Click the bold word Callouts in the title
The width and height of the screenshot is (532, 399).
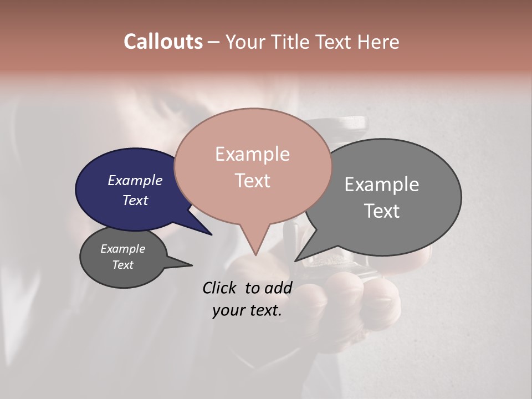[163, 42]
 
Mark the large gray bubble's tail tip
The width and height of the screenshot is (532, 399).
[296, 260]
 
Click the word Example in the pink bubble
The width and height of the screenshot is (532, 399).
[252, 154]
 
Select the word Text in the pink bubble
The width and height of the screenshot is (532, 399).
[252, 181]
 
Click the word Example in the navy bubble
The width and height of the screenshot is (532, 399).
[135, 180]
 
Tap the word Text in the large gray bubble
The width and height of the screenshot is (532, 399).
[382, 211]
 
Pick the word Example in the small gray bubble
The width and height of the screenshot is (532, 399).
[122, 249]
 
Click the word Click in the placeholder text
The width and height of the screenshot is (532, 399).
[220, 288]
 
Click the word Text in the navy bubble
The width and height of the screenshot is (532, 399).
[135, 200]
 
